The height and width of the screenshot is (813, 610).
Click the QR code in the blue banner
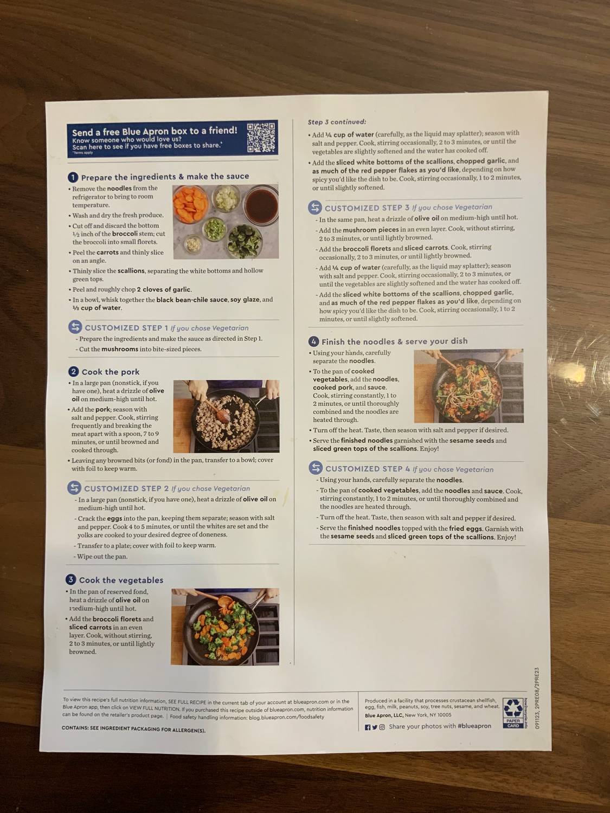tap(261, 137)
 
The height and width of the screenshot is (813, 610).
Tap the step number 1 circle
tap(73, 177)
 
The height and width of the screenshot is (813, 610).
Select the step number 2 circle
tap(74, 371)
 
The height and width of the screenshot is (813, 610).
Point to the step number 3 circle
tap(71, 580)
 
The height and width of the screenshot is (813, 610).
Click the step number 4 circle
tap(313, 341)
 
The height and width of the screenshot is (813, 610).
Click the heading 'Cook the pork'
tap(111, 372)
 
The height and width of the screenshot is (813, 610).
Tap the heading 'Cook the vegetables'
tap(121, 580)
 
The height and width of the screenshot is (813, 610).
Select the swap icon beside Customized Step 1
tap(75, 327)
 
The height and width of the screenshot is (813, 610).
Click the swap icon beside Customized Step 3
tap(315, 207)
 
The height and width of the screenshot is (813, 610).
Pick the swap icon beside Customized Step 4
tap(316, 468)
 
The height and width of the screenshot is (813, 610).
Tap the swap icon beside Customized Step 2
tap(74, 488)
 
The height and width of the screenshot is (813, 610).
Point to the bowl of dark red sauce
tap(261, 204)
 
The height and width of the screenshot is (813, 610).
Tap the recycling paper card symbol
tap(513, 712)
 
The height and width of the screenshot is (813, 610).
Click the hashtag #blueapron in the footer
tap(474, 726)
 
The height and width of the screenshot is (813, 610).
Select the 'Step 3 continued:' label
tap(337, 122)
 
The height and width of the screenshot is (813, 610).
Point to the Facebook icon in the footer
tap(368, 727)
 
